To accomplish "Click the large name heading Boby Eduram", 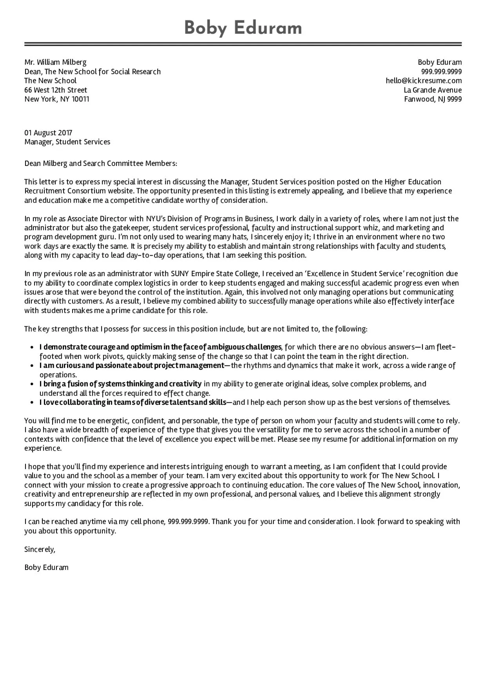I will point(243,28).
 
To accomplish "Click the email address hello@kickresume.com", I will point(424,81).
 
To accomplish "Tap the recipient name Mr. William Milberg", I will point(55,62).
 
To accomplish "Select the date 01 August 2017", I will point(48,133).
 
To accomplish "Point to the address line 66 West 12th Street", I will point(56,90).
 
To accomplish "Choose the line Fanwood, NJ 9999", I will point(433,99).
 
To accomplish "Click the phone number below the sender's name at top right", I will point(441,71).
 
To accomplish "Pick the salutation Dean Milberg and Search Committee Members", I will point(101,163).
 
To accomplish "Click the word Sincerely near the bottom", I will point(40,549).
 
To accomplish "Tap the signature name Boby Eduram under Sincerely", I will point(46,567).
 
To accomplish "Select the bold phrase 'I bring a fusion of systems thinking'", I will point(120,384).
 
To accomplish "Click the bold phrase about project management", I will point(132,366).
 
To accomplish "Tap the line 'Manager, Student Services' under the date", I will point(67,142).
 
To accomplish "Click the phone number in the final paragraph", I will point(189,522).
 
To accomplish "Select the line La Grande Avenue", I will point(433,90).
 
